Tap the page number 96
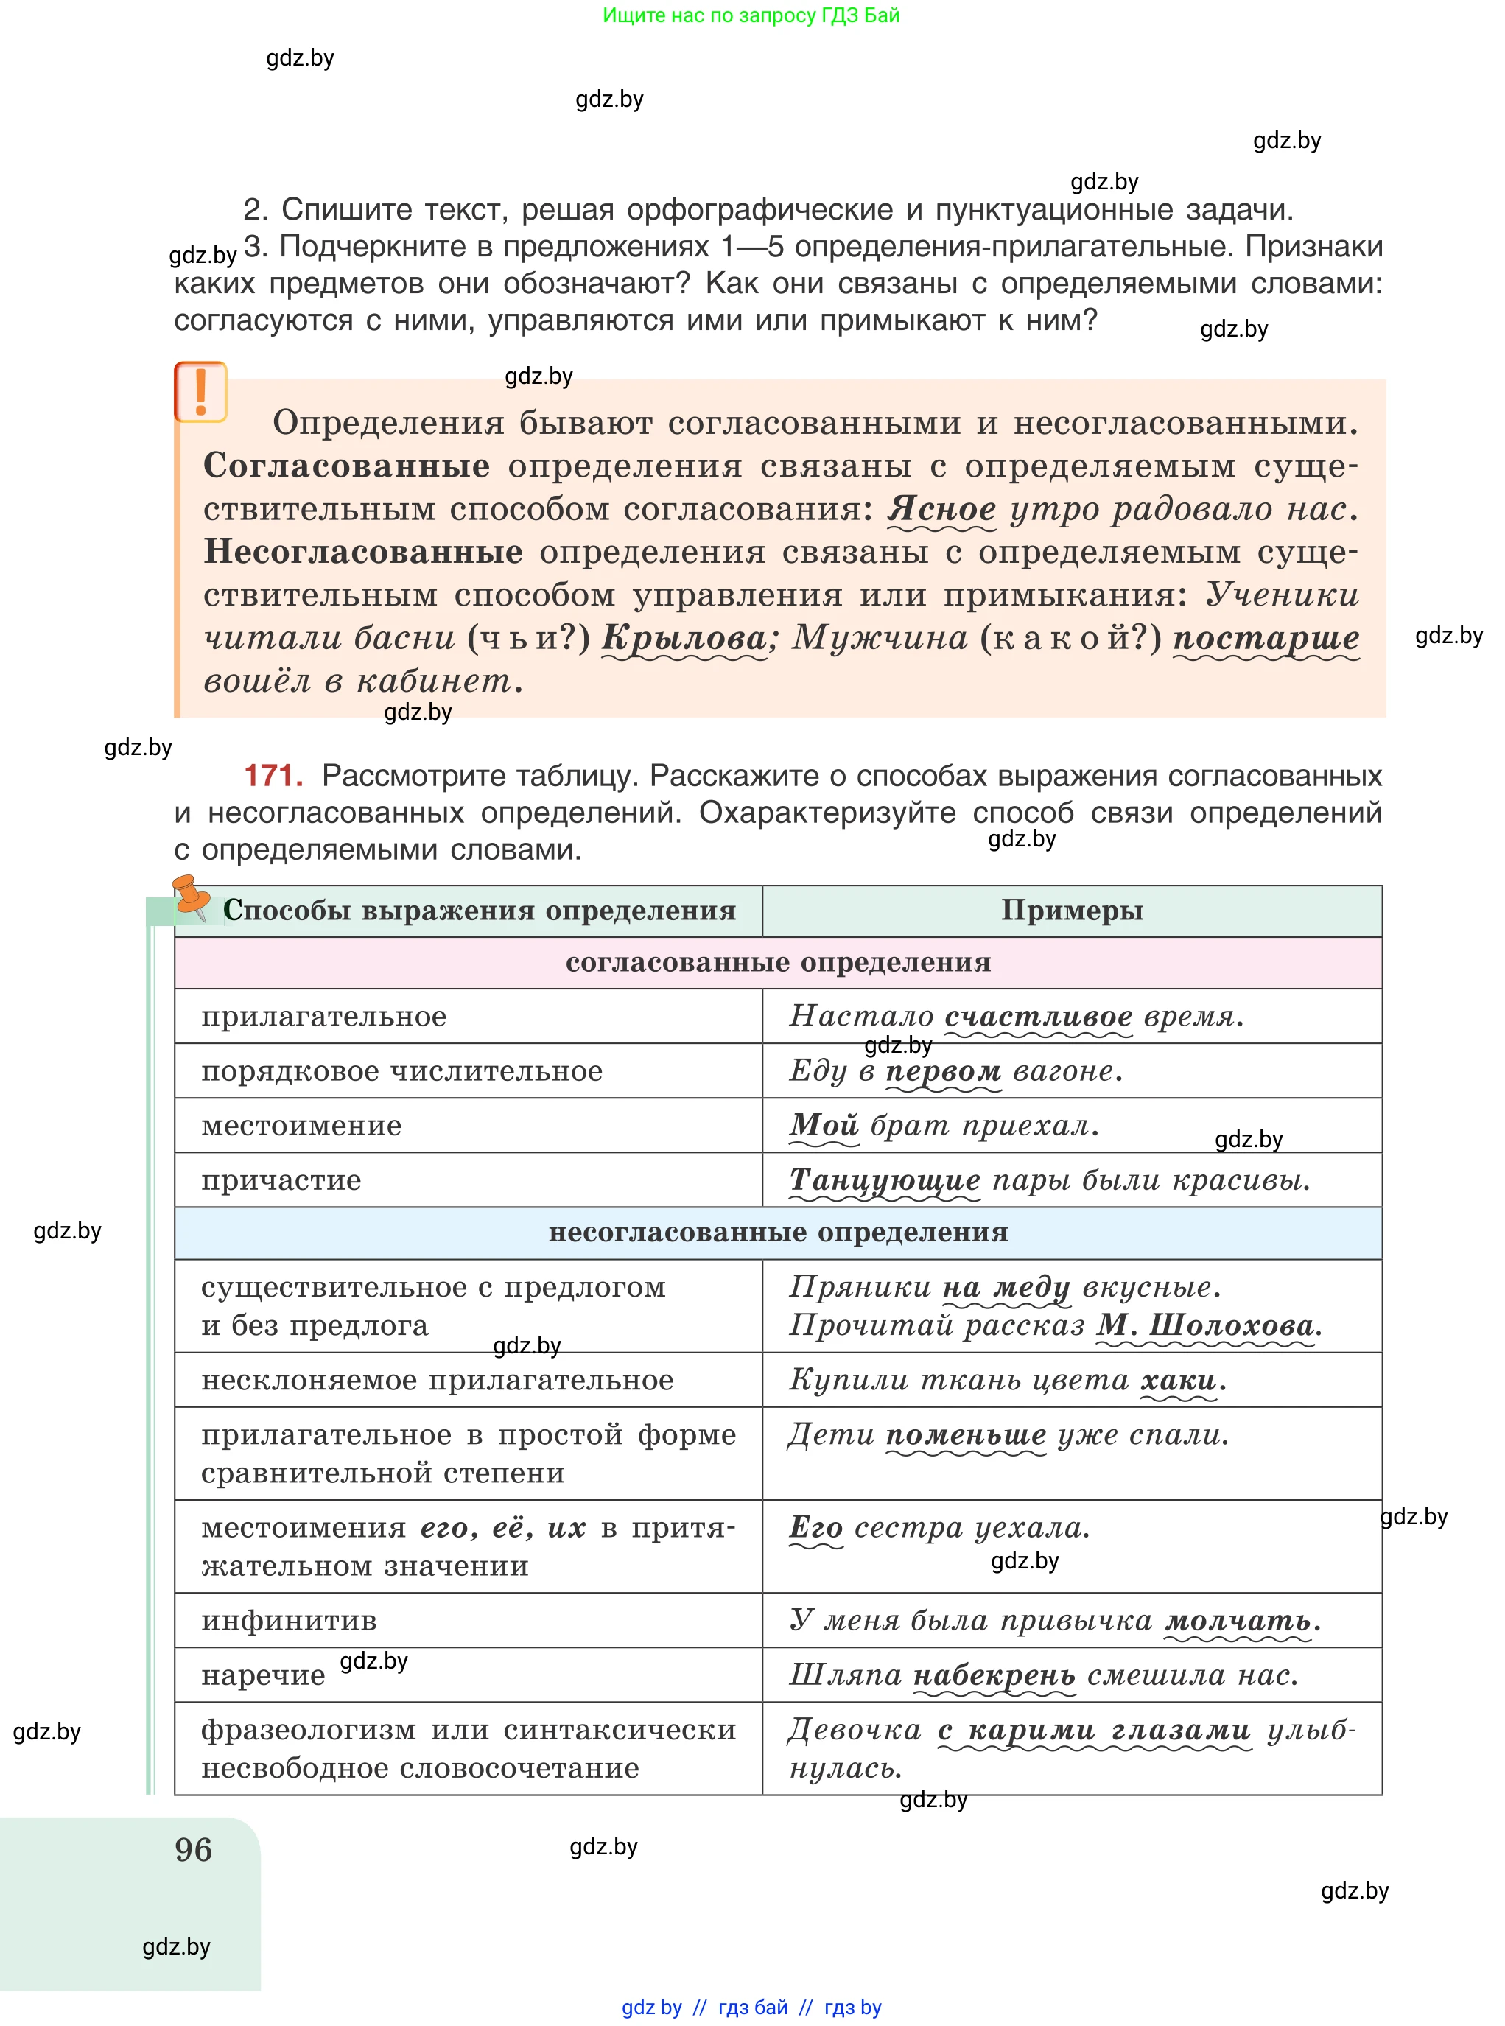tap(193, 1850)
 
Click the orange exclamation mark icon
tap(200, 392)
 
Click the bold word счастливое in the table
tap(1039, 1016)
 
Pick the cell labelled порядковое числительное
tap(401, 1070)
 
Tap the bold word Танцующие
tap(885, 1180)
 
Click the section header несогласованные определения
tap(778, 1233)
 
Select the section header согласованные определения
tap(778, 963)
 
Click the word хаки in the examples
tap(1179, 1380)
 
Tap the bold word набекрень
tap(994, 1675)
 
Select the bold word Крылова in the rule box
tap(684, 638)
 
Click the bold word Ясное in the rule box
tap(942, 508)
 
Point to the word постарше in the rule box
tap(1266, 638)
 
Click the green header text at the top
tap(751, 15)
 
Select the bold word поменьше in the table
tap(967, 1435)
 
